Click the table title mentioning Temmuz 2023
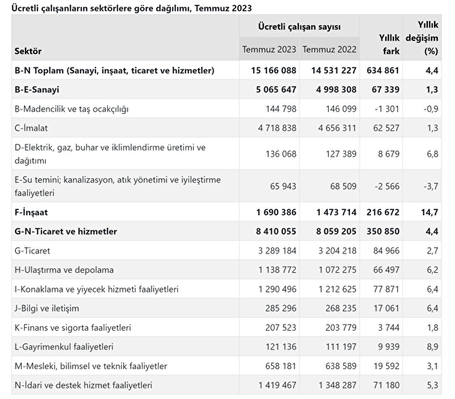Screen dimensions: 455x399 point(131,8)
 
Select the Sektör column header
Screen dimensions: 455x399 point(28,51)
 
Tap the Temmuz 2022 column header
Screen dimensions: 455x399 point(330,49)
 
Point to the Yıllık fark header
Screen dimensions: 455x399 point(389,44)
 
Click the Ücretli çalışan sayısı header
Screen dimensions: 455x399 point(300,27)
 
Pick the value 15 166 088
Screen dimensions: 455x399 point(273,70)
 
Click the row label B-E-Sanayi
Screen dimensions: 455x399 point(37,89)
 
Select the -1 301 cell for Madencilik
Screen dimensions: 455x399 point(387,109)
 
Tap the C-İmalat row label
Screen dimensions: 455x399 point(31,128)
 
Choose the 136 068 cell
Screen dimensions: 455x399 point(281,154)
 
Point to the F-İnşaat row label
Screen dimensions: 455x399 point(31,212)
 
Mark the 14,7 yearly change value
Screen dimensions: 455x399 point(429,212)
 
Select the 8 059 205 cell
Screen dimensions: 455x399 point(336,231)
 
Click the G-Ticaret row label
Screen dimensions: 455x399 point(32,250)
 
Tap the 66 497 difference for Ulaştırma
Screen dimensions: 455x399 point(386,270)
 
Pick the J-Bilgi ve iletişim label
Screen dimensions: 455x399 point(47,308)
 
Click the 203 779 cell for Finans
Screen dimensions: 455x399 point(341,328)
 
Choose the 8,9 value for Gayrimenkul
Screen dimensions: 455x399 point(432,346)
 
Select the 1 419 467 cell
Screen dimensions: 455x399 point(277,385)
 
